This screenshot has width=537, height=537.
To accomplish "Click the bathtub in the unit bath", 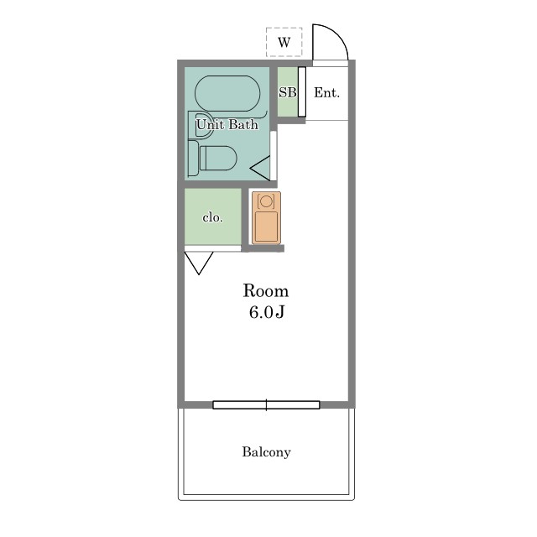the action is coord(227,93).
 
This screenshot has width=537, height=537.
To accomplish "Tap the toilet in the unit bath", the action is coord(212,159).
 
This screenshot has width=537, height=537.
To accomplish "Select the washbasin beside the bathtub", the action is coord(201,125).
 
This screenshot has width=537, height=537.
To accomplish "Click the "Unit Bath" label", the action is coord(227,124).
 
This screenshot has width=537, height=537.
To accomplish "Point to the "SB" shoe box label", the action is coord(287,92).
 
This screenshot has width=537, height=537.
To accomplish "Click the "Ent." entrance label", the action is coord(327,92).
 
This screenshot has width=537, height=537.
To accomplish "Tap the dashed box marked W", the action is coord(284,42).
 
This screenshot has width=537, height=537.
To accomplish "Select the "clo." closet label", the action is coord(212,217).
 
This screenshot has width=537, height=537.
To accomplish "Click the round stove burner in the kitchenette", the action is coord(266,201).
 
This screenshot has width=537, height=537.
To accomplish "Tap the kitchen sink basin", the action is coord(267,227).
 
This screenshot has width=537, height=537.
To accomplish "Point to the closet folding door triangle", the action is coord(199,263).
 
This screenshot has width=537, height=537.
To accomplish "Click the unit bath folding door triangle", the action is coord(260,168).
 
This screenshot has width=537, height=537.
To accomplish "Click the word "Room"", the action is coord(266,291).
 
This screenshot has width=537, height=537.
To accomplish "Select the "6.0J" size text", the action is coord(267,312).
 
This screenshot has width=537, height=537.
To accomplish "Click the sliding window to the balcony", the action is coord(266,404).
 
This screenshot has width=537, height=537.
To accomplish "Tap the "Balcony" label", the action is coord(266,451).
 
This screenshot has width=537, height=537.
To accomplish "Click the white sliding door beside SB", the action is coord(302,91).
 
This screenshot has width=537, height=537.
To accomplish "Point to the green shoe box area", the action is coord(287,91).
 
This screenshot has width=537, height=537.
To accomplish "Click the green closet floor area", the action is coord(212,216).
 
